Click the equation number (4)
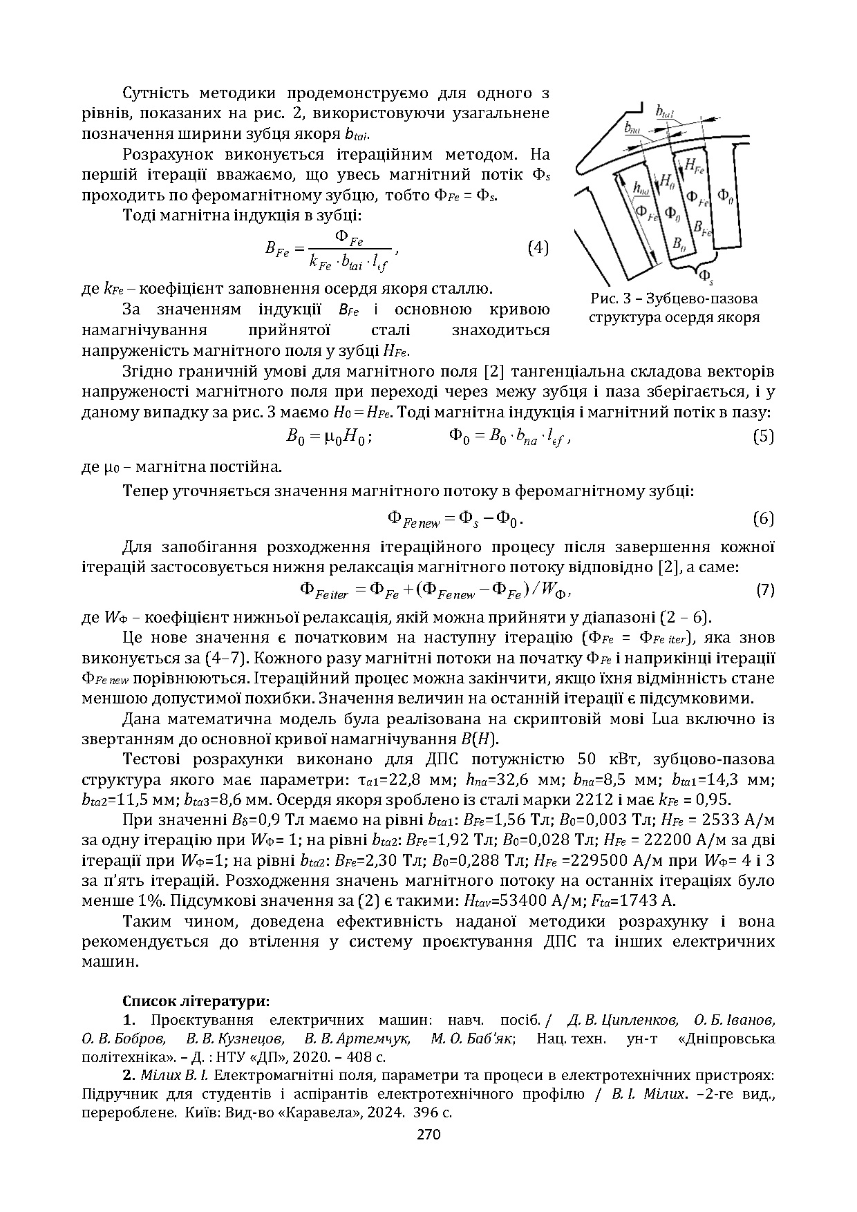click(537, 247)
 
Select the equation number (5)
click(762, 437)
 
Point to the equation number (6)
click(762, 518)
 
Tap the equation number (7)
click(764, 590)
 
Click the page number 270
click(428, 1133)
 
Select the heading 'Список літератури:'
click(196, 1001)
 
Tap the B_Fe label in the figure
click(701, 228)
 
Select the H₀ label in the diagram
click(668, 181)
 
